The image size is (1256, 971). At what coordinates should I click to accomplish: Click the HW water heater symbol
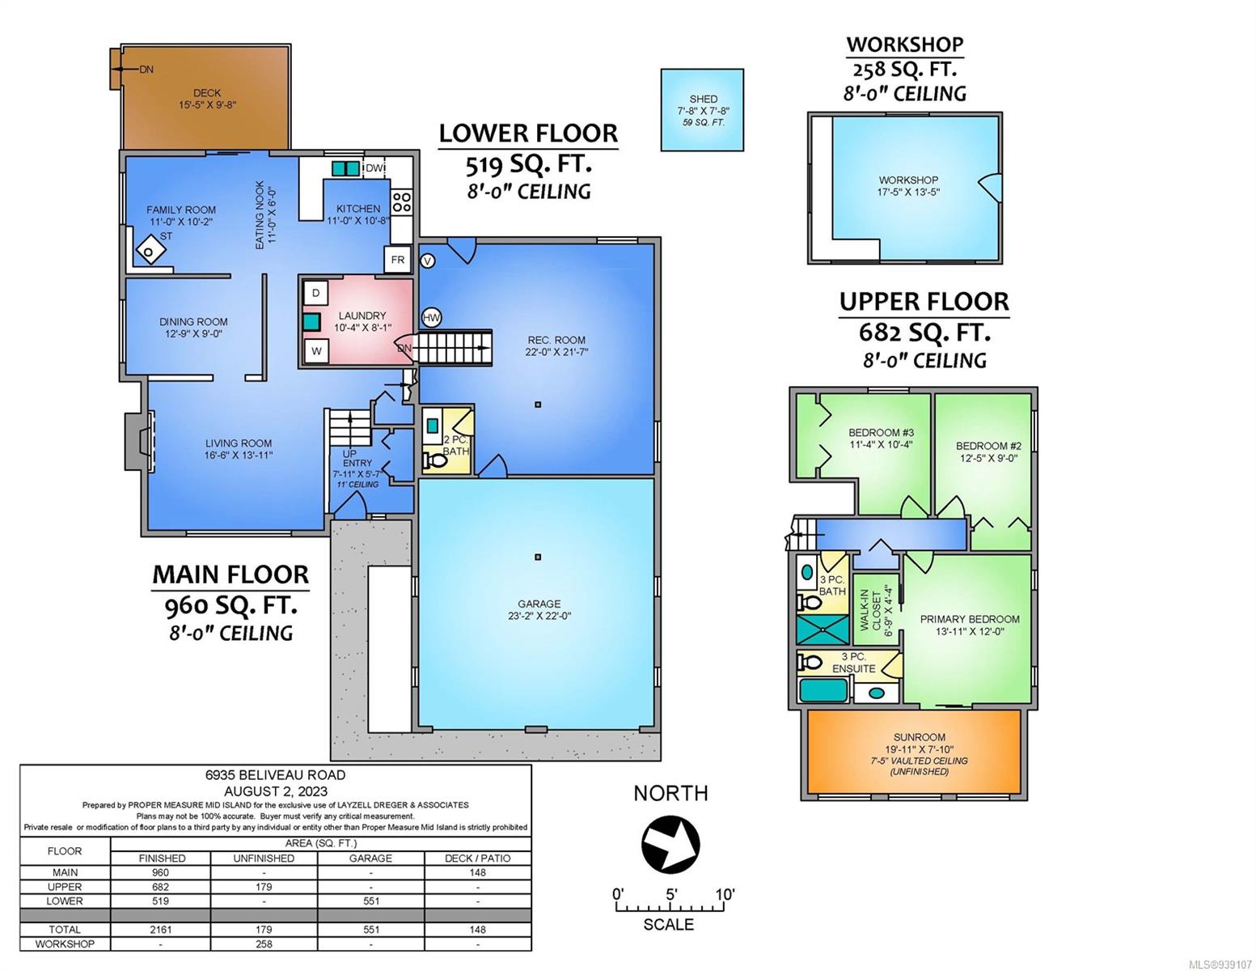tap(431, 317)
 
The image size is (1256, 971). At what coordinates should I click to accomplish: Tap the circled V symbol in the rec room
tap(427, 261)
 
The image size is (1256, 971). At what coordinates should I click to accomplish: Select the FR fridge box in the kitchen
tap(398, 260)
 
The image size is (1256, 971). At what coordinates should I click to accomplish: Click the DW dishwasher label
tap(374, 168)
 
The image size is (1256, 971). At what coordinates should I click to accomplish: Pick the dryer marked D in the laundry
tap(315, 293)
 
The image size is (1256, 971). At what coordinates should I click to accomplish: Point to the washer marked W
tap(316, 351)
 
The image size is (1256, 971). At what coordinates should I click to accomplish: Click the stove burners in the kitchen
tap(402, 202)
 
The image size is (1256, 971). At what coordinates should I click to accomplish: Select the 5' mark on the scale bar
tap(671, 894)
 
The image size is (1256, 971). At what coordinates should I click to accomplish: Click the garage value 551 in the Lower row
tap(371, 901)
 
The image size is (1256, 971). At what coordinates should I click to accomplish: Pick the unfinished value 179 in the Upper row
tap(264, 887)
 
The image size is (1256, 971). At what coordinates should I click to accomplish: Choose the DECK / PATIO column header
tap(478, 859)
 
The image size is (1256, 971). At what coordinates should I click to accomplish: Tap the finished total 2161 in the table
tap(160, 930)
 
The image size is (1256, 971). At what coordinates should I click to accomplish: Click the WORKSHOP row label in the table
tap(65, 943)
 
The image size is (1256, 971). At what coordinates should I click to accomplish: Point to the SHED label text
tap(703, 99)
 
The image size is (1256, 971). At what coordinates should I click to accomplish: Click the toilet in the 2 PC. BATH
tap(435, 460)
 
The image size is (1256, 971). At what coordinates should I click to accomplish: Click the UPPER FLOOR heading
tap(924, 301)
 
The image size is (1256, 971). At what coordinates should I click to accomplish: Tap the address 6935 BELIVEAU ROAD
tap(275, 775)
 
